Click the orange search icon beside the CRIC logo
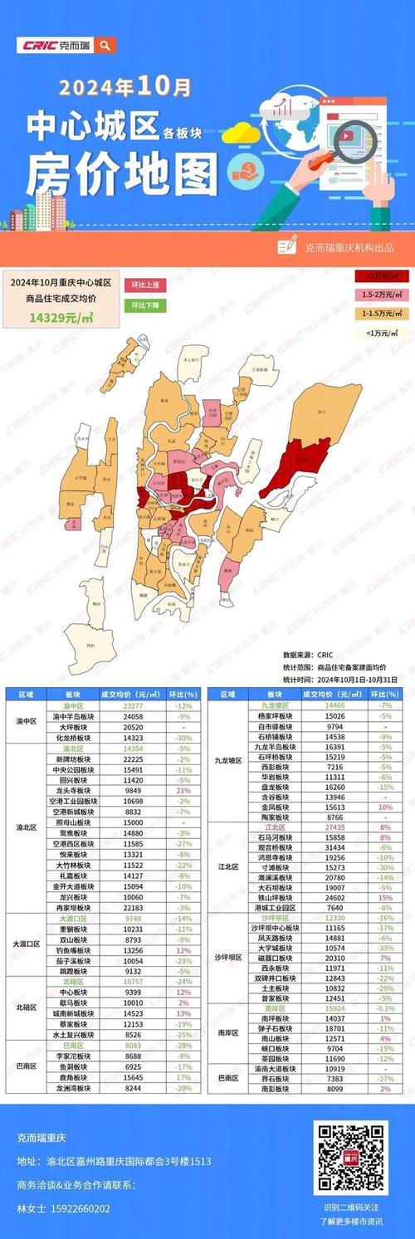[105, 46]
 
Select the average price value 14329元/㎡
[60, 316]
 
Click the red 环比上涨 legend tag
[144, 284]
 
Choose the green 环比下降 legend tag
[144, 305]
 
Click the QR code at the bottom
[349, 1157]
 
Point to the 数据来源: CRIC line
[309, 655]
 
